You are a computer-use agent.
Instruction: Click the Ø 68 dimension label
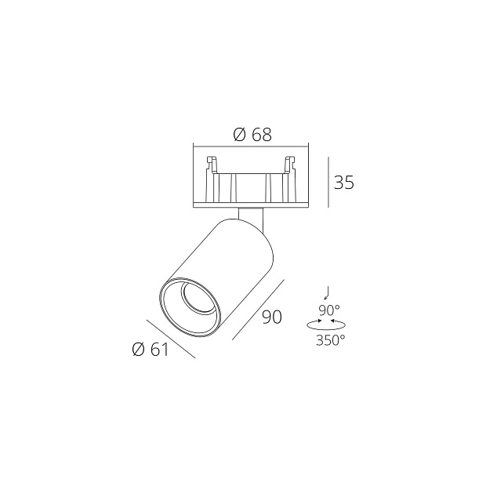[252, 134]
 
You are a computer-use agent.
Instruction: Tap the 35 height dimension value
[344, 183]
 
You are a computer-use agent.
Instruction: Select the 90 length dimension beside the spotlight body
[271, 317]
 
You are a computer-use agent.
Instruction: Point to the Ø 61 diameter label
[151, 350]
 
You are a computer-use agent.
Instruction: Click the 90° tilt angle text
[330, 310]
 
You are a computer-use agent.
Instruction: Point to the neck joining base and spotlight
[253, 218]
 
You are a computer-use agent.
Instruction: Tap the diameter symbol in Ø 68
[240, 134]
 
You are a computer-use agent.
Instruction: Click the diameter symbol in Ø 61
[138, 350]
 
